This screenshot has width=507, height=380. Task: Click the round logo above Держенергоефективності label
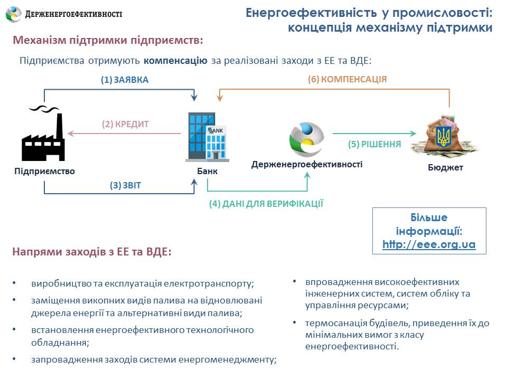tap(306, 139)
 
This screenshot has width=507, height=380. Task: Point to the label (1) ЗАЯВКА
tap(125, 80)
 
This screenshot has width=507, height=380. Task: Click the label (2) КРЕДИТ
tap(126, 125)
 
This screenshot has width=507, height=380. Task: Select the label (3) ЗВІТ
tap(126, 185)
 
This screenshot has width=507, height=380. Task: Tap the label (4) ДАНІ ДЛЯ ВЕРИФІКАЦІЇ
tap(266, 204)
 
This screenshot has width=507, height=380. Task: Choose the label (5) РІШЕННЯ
tap(374, 144)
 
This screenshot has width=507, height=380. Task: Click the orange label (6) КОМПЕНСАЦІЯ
tap(348, 80)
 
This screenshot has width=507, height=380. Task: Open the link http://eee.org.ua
tap(429, 244)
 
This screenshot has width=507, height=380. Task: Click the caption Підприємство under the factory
tap(45, 172)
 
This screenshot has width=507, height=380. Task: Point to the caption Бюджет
tap(445, 168)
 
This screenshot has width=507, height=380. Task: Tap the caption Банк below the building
tap(207, 172)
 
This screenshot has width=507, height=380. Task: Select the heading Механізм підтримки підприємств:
tap(108, 41)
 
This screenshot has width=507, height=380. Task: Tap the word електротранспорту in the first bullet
tap(213, 283)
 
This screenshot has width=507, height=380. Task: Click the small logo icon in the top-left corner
tap(14, 14)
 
